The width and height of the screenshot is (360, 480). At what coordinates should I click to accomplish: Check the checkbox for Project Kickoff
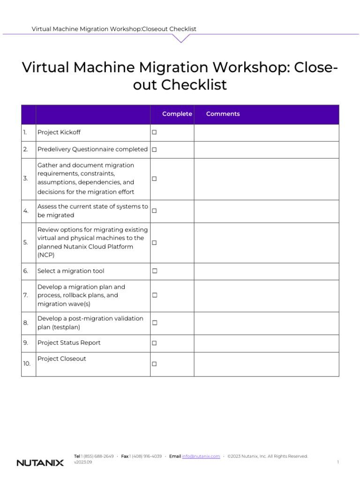point(154,133)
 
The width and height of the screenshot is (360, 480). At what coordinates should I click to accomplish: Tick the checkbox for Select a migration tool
point(154,271)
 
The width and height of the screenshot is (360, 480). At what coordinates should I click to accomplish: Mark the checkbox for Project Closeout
point(154,364)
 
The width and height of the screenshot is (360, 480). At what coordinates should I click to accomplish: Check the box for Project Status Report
point(154,343)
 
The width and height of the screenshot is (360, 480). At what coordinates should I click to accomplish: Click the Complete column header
point(177,114)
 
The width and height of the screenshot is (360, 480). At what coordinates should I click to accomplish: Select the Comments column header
point(223,114)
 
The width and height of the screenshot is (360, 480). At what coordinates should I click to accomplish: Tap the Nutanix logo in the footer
point(40,463)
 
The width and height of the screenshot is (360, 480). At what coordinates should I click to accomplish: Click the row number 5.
point(26,243)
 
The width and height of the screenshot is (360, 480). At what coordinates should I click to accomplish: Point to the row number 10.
point(27,364)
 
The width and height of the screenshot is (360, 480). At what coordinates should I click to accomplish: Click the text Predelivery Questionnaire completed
point(92,150)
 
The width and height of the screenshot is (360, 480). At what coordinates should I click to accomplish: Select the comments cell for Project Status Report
point(266,343)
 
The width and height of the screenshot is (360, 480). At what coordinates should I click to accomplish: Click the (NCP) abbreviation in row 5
point(46,255)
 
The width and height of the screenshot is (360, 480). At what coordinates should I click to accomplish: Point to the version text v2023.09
point(83,462)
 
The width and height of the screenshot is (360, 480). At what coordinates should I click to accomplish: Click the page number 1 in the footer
point(337,462)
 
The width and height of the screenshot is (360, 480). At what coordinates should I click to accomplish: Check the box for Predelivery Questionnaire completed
point(154,150)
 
